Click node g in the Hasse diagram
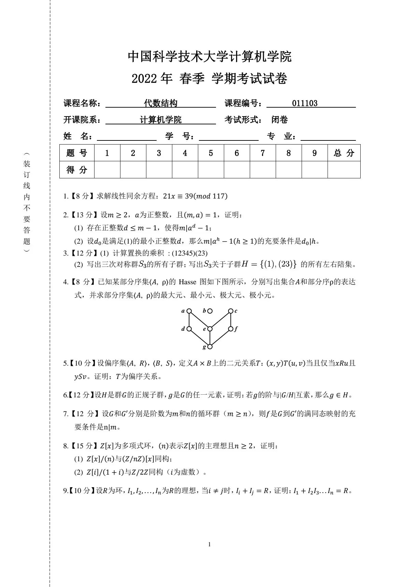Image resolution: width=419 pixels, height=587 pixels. pyautogui.click(x=210, y=346)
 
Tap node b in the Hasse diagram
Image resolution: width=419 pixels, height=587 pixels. pyautogui.click(x=210, y=311)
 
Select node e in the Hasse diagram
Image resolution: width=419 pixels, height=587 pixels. pyautogui.click(x=210, y=329)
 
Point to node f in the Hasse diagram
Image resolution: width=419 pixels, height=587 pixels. pyautogui.click(x=231, y=329)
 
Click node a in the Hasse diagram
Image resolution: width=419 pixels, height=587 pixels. pyautogui.click(x=189, y=311)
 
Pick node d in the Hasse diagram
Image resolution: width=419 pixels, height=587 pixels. pyautogui.click(x=189, y=329)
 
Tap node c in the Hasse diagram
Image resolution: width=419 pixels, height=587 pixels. pyautogui.click(x=231, y=311)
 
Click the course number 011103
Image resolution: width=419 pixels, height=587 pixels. pyautogui.click(x=305, y=103)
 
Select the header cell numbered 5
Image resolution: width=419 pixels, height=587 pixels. pyautogui.click(x=211, y=153)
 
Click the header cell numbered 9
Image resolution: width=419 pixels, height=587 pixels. pyautogui.click(x=315, y=153)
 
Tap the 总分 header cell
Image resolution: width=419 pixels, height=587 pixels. pyautogui.click(x=344, y=153)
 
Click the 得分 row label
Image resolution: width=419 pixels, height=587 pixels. pyautogui.click(x=77, y=170)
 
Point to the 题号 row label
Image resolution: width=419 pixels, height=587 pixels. pyautogui.click(x=77, y=153)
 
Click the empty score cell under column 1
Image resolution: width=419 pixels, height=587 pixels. pyautogui.click(x=107, y=170)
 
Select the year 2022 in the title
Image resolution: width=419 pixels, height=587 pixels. pyautogui.click(x=144, y=79)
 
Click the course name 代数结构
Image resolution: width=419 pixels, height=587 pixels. pyautogui.click(x=160, y=103)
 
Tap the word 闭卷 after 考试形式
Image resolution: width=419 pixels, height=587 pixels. pyautogui.click(x=279, y=120)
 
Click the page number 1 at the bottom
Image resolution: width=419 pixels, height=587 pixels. pyautogui.click(x=209, y=545)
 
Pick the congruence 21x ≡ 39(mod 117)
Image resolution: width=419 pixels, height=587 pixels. pyautogui.click(x=195, y=196)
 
